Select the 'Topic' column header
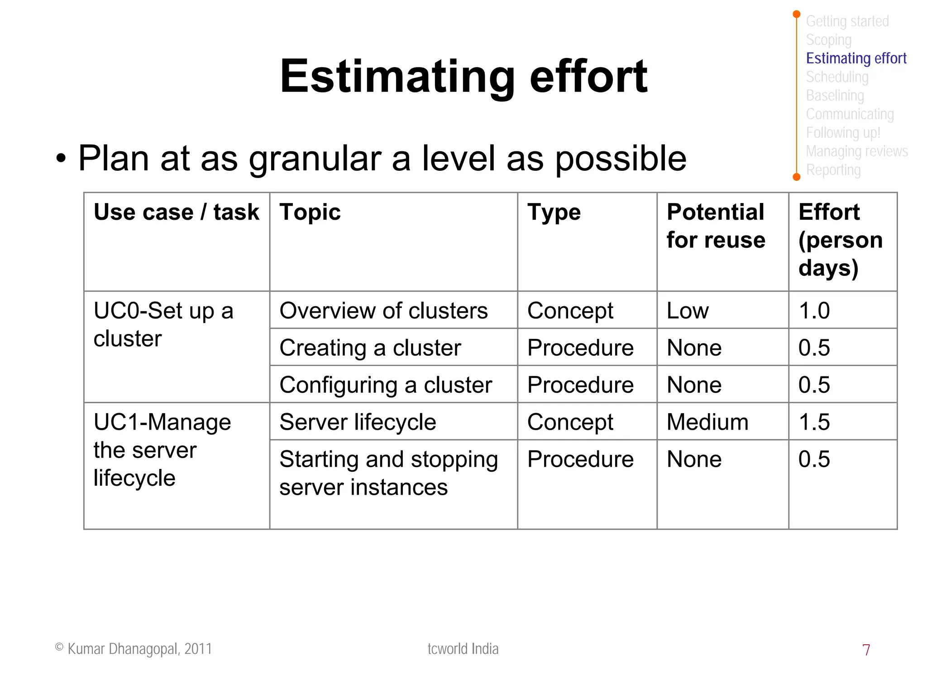pos(310,212)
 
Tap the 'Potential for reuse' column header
pos(716,226)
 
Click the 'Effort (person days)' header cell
pos(840,240)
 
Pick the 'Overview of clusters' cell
pos(383,311)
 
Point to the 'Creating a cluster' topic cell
pos(370,348)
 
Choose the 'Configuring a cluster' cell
pos(385,385)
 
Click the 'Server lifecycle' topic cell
pos(358,422)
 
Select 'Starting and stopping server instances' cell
pos(388,473)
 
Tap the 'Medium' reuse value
pos(707,422)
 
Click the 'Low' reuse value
pos(688,311)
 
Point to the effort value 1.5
pos(814,422)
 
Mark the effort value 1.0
pos(814,311)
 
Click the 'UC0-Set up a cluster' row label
pos(163,324)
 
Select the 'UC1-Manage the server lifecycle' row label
pos(162,450)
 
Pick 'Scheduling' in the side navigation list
pos(837,77)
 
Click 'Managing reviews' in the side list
pos(856,151)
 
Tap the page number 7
pos(866,650)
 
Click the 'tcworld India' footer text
pos(463,649)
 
